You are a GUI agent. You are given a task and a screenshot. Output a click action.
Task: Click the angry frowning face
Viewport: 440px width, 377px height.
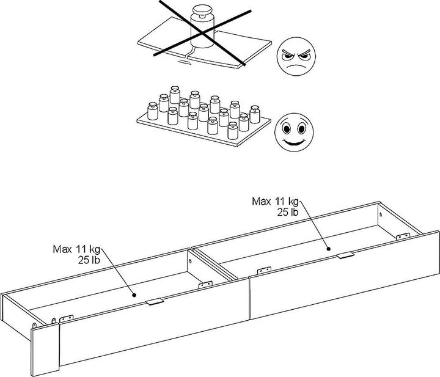point(296,56)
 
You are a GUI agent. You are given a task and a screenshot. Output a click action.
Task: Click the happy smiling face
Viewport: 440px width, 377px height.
point(294,132)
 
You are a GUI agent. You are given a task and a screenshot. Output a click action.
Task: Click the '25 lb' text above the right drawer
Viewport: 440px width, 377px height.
point(288,213)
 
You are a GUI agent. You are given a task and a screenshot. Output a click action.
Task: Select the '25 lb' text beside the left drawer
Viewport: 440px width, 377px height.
point(89,260)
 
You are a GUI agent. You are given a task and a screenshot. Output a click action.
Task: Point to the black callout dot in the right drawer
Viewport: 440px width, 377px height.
point(328,249)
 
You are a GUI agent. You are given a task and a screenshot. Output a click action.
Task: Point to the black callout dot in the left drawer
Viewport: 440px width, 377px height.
point(134,295)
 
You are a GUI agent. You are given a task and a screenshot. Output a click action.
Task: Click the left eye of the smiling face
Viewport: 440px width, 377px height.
point(287,129)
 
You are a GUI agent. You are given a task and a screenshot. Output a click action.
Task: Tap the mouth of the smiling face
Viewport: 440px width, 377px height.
point(293,142)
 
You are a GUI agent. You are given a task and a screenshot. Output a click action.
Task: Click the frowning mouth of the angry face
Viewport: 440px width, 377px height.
point(295,67)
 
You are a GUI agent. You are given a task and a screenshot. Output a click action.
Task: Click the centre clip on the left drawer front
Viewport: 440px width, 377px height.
point(155,302)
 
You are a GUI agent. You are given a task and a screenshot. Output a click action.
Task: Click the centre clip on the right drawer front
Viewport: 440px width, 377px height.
point(345,255)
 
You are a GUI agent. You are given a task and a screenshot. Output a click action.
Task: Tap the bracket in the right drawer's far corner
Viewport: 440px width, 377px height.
point(403,236)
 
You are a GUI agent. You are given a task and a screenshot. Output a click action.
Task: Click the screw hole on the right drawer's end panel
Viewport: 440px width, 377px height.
point(381,214)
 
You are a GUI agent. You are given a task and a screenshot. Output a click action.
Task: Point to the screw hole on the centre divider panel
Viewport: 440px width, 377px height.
point(190,262)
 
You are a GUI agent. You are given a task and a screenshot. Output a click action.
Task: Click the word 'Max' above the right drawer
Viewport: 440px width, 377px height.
point(262,202)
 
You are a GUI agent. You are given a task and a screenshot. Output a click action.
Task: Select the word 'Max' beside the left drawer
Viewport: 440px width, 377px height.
point(62,249)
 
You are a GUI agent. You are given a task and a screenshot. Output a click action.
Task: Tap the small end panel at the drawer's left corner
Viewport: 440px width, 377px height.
point(45,350)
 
